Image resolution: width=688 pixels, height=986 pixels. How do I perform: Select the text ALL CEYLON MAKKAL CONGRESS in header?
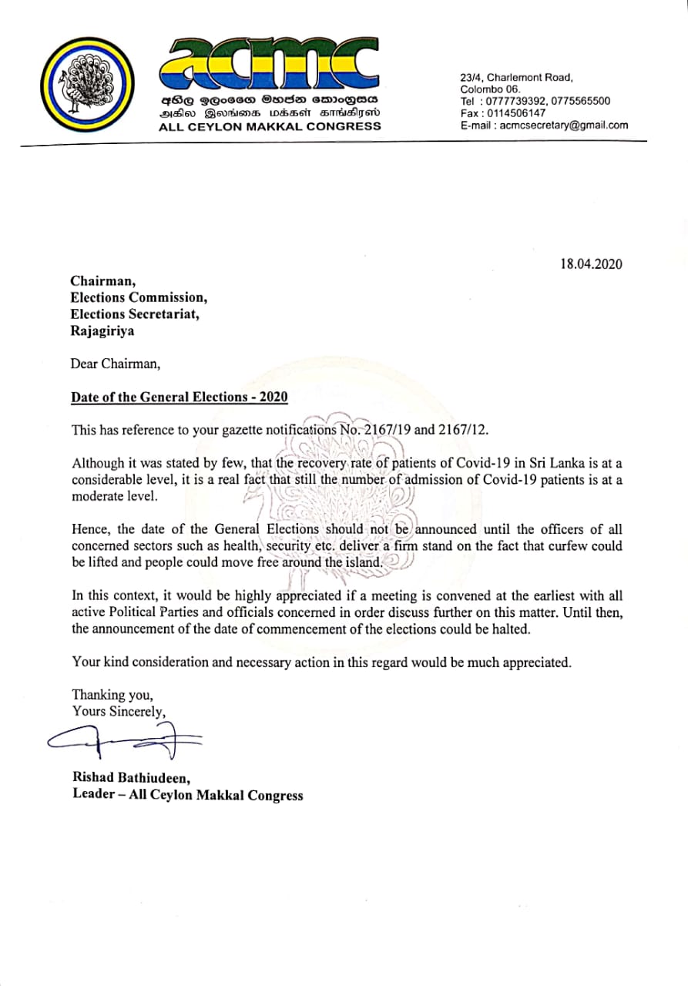pos(269,126)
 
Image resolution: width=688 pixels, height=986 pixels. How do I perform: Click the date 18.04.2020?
pos(591,264)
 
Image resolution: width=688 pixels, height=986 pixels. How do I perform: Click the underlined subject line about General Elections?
pos(179,397)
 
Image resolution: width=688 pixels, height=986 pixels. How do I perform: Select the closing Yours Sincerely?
pos(118,711)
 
